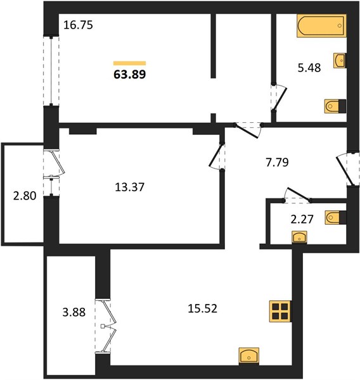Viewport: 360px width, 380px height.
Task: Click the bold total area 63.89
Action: (129, 74)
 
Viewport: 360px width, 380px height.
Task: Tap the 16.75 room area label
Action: (78, 25)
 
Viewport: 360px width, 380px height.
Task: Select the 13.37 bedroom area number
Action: (129, 187)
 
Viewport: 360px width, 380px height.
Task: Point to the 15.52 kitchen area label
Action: (203, 309)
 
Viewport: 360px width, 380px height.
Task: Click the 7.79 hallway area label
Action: (277, 162)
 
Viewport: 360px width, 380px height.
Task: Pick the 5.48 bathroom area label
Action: (309, 68)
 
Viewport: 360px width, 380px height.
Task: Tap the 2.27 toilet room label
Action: (302, 219)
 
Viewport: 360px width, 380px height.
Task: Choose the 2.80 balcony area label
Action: (25, 196)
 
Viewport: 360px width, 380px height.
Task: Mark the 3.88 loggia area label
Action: (74, 312)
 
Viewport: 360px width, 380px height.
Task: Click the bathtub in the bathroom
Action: (322, 26)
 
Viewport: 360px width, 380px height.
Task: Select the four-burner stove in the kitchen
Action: (280, 312)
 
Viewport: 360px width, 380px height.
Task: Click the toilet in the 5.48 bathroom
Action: (335, 106)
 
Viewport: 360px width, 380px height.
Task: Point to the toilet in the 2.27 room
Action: (336, 217)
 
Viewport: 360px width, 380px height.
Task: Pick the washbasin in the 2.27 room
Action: (300, 237)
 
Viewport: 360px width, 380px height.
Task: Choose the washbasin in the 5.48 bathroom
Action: (340, 61)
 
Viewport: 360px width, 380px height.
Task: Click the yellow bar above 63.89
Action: (129, 63)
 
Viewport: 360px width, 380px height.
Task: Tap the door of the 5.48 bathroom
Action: (280, 98)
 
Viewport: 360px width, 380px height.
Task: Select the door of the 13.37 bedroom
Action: (216, 156)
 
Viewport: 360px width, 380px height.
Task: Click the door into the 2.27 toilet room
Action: (297, 195)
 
